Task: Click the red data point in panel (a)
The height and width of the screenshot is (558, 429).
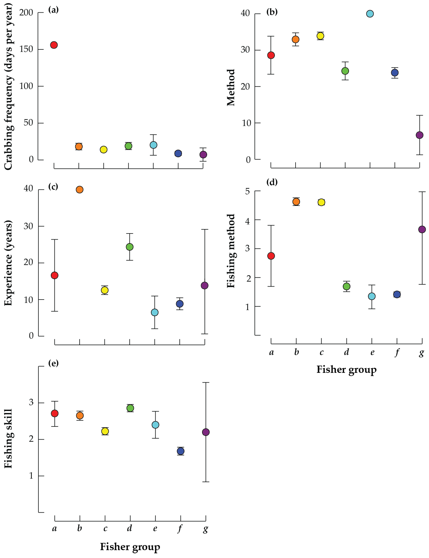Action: tap(54, 45)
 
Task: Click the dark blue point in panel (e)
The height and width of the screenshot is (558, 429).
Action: tap(181, 451)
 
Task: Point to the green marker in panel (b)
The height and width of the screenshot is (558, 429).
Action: tap(345, 71)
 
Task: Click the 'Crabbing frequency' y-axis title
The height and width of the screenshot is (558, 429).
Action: tap(8, 87)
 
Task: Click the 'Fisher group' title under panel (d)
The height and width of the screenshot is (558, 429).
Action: tap(346, 370)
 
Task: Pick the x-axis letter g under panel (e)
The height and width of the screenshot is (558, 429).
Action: tap(206, 528)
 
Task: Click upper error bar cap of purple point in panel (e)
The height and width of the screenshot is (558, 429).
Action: tap(206, 382)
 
